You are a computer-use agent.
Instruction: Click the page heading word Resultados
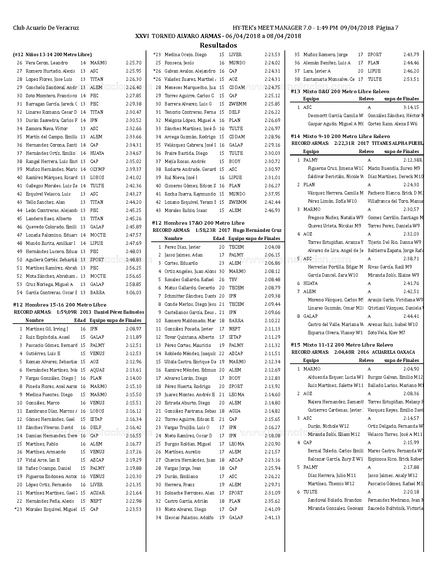pyautogui.click(x=218, y=45)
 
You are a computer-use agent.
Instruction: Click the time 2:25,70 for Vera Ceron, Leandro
pyautogui.click(x=133, y=63)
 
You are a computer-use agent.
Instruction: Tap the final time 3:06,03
pyautogui.click(x=133, y=293)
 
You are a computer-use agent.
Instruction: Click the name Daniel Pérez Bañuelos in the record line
pyautogui.click(x=119, y=312)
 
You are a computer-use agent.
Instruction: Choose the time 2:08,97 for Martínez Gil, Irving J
pyautogui.click(x=133, y=329)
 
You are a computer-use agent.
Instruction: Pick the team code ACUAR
pyautogui.click(x=97, y=493)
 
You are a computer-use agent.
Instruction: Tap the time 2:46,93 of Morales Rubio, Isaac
pyautogui.click(x=272, y=211)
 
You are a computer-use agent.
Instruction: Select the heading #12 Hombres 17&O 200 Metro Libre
pyautogui.click(x=198, y=223)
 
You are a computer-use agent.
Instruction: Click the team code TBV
pyautogui.click(x=233, y=280)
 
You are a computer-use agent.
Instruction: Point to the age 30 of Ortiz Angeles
pyautogui.click(x=222, y=272)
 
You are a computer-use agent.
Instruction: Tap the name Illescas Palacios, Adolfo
pyautogui.click(x=189, y=518)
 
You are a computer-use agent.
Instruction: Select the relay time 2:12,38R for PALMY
pyautogui.click(x=412, y=160)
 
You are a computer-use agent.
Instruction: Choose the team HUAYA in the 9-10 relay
pyautogui.click(x=310, y=284)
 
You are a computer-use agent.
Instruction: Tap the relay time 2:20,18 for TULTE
pyautogui.click(x=411, y=492)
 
